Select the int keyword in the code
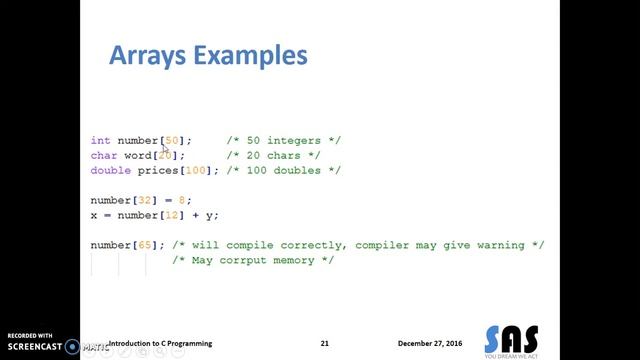pyautogui.click(x=100, y=141)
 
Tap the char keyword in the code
pyautogui.click(x=104, y=156)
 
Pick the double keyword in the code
pyautogui.click(x=111, y=171)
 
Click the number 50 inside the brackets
pyautogui.click(x=172, y=141)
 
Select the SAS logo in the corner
pyautogui.click(x=510, y=339)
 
